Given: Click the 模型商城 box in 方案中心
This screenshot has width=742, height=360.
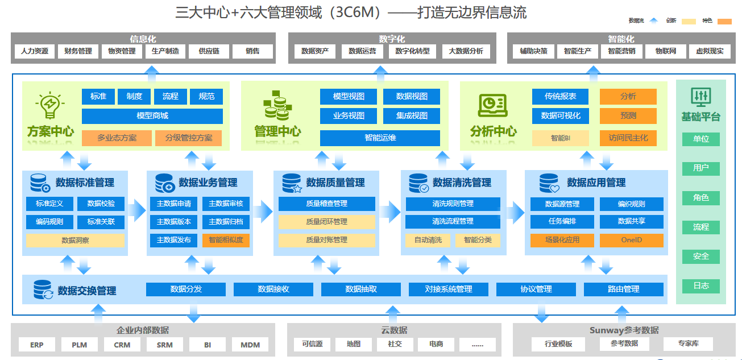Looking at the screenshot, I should (x=152, y=116).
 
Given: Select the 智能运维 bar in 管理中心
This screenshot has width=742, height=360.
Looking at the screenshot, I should (x=380, y=138).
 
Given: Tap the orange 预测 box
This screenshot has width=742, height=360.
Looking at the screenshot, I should (x=628, y=116).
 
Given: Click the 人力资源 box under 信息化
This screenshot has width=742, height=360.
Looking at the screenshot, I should (x=35, y=51).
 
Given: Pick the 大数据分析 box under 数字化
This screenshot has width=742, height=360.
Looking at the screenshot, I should (x=466, y=51).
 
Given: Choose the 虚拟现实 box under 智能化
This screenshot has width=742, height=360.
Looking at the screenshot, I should (x=710, y=51).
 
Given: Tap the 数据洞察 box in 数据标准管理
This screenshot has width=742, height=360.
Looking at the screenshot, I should (x=75, y=241).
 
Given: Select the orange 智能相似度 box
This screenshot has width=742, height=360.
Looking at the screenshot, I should (x=226, y=240).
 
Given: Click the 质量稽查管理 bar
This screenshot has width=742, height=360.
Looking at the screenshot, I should (x=326, y=204).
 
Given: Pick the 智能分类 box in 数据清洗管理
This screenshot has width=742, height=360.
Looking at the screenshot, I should (x=478, y=240).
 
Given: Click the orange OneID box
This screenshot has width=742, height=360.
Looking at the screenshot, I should (x=631, y=240).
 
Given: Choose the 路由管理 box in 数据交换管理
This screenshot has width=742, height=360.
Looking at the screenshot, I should (x=623, y=289).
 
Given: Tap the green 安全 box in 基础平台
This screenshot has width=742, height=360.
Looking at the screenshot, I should (x=700, y=256).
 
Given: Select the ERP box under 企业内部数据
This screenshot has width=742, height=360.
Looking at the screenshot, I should (x=37, y=345).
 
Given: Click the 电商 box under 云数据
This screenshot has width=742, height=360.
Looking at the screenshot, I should (x=436, y=344).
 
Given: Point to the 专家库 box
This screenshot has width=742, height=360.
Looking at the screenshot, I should (x=688, y=344).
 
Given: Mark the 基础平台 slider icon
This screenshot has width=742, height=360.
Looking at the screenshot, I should (x=700, y=97).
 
